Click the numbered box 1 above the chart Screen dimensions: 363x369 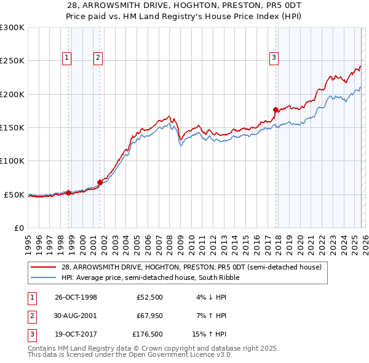click(x=66, y=58)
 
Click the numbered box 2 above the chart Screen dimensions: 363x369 click(x=97, y=58)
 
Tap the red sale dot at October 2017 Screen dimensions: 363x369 click(x=276, y=110)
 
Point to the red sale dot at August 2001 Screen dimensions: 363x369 click(x=100, y=182)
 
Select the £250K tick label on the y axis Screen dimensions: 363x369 click(x=12, y=61)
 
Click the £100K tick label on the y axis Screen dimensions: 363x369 click(x=12, y=161)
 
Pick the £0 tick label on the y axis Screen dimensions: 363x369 click(x=18, y=228)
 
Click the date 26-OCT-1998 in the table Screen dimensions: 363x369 click(x=76, y=297)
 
